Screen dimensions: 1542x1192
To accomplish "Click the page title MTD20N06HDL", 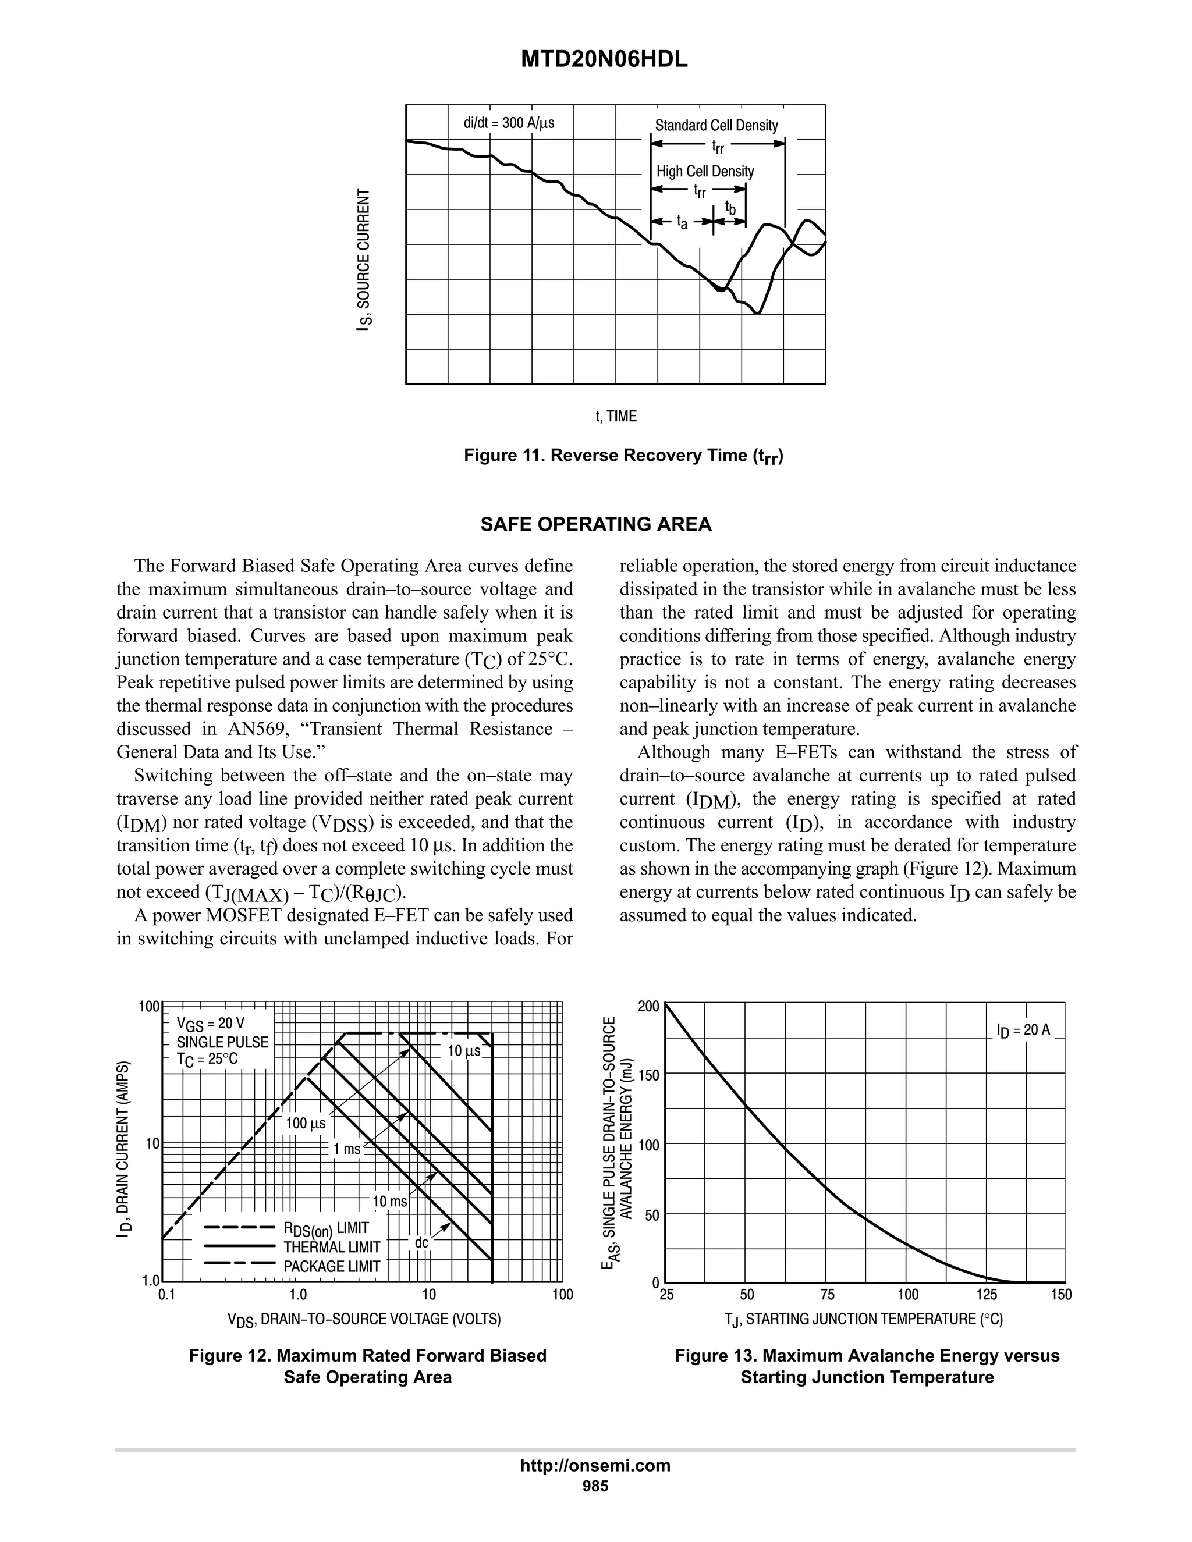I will click(x=604, y=60).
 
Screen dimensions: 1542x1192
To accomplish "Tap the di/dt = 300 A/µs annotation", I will click(x=509, y=123).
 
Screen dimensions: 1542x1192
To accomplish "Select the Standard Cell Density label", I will click(x=716, y=126).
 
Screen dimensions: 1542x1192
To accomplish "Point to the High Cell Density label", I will click(x=705, y=172).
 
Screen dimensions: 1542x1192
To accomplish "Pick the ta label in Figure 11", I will click(x=682, y=222).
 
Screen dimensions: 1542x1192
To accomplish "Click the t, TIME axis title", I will click(x=616, y=417).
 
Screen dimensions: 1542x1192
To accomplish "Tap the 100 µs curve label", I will click(x=305, y=1122).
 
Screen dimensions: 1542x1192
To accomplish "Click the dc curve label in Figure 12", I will click(x=421, y=1242).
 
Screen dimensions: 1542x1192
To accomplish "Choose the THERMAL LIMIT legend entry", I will click(x=331, y=1248).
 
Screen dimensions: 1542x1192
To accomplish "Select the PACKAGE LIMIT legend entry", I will click(x=331, y=1267).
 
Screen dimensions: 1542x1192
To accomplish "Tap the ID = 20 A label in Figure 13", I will click(x=1023, y=1030).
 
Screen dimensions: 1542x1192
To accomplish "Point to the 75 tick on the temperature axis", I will click(x=828, y=1295).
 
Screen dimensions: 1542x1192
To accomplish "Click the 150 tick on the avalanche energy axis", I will click(x=648, y=1075).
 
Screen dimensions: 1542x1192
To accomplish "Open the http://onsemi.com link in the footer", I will click(x=595, y=1465).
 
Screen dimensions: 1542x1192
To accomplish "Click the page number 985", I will click(x=595, y=1486).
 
